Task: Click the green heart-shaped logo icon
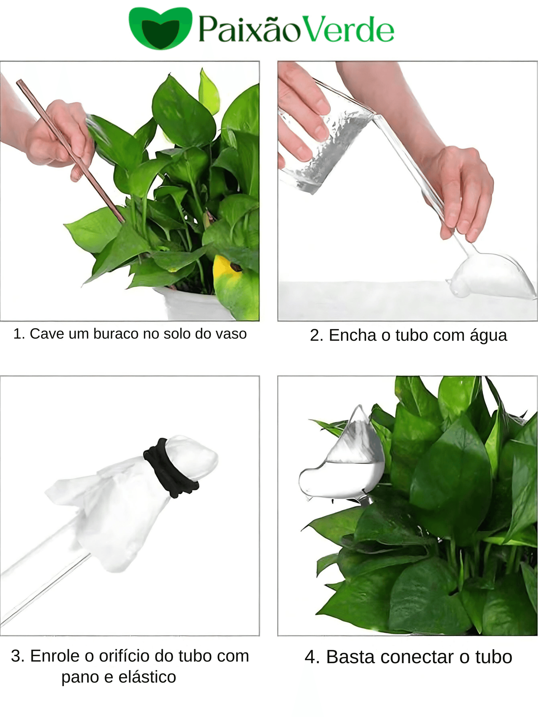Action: [x=160, y=28]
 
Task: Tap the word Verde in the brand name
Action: [x=346, y=30]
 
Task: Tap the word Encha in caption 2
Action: [x=353, y=335]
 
